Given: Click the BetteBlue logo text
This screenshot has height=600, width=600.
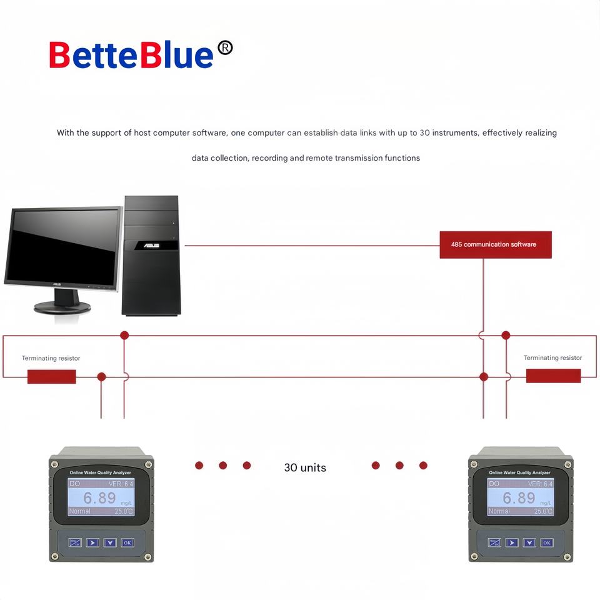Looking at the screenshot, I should pos(131,55).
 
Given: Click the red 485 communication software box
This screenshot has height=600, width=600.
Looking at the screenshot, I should pos(495,244).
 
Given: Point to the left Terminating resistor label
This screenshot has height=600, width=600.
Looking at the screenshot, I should pos(51,358).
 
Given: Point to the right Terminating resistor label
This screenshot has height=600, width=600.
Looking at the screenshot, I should pos(552,358).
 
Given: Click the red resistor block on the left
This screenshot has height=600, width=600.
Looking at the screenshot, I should pos(51,376).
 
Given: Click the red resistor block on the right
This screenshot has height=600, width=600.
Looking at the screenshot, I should pos(553,376).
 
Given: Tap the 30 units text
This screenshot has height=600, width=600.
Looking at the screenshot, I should pos(305,467).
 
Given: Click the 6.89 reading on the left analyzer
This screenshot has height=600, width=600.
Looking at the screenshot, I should pos(100,498).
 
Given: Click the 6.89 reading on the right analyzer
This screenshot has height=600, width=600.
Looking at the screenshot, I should pos(519,498).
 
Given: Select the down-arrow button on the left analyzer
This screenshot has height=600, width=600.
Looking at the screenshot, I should pos(110,542).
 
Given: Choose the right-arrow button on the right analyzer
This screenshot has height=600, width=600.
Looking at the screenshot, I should pos(512,542).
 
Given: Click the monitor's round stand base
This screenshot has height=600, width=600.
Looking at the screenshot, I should pos(62,307).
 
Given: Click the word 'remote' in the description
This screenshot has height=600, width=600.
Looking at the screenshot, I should pos(319,158).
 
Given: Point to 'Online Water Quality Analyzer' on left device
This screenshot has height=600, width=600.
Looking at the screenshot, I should pos(100,472).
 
